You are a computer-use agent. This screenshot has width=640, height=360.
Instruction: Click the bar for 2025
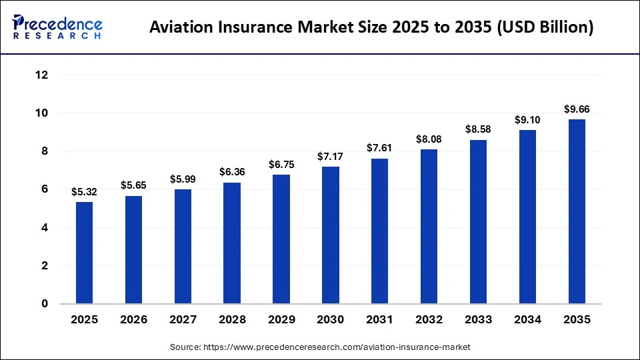tap(85, 253)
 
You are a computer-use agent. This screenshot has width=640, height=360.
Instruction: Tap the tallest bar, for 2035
tap(577, 211)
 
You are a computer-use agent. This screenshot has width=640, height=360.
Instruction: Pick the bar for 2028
tap(232, 243)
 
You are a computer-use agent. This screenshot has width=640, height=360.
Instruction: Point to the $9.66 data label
tap(577, 109)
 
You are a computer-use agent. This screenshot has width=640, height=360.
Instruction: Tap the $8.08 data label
tap(429, 139)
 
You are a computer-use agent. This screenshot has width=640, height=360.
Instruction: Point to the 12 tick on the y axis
tap(41, 75)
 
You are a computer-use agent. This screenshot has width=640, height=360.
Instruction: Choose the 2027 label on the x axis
tap(183, 320)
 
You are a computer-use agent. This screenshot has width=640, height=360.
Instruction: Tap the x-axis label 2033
tap(478, 320)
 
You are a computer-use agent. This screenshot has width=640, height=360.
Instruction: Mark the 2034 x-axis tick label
tap(527, 320)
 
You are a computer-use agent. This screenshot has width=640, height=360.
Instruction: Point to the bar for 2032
tap(429, 227)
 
